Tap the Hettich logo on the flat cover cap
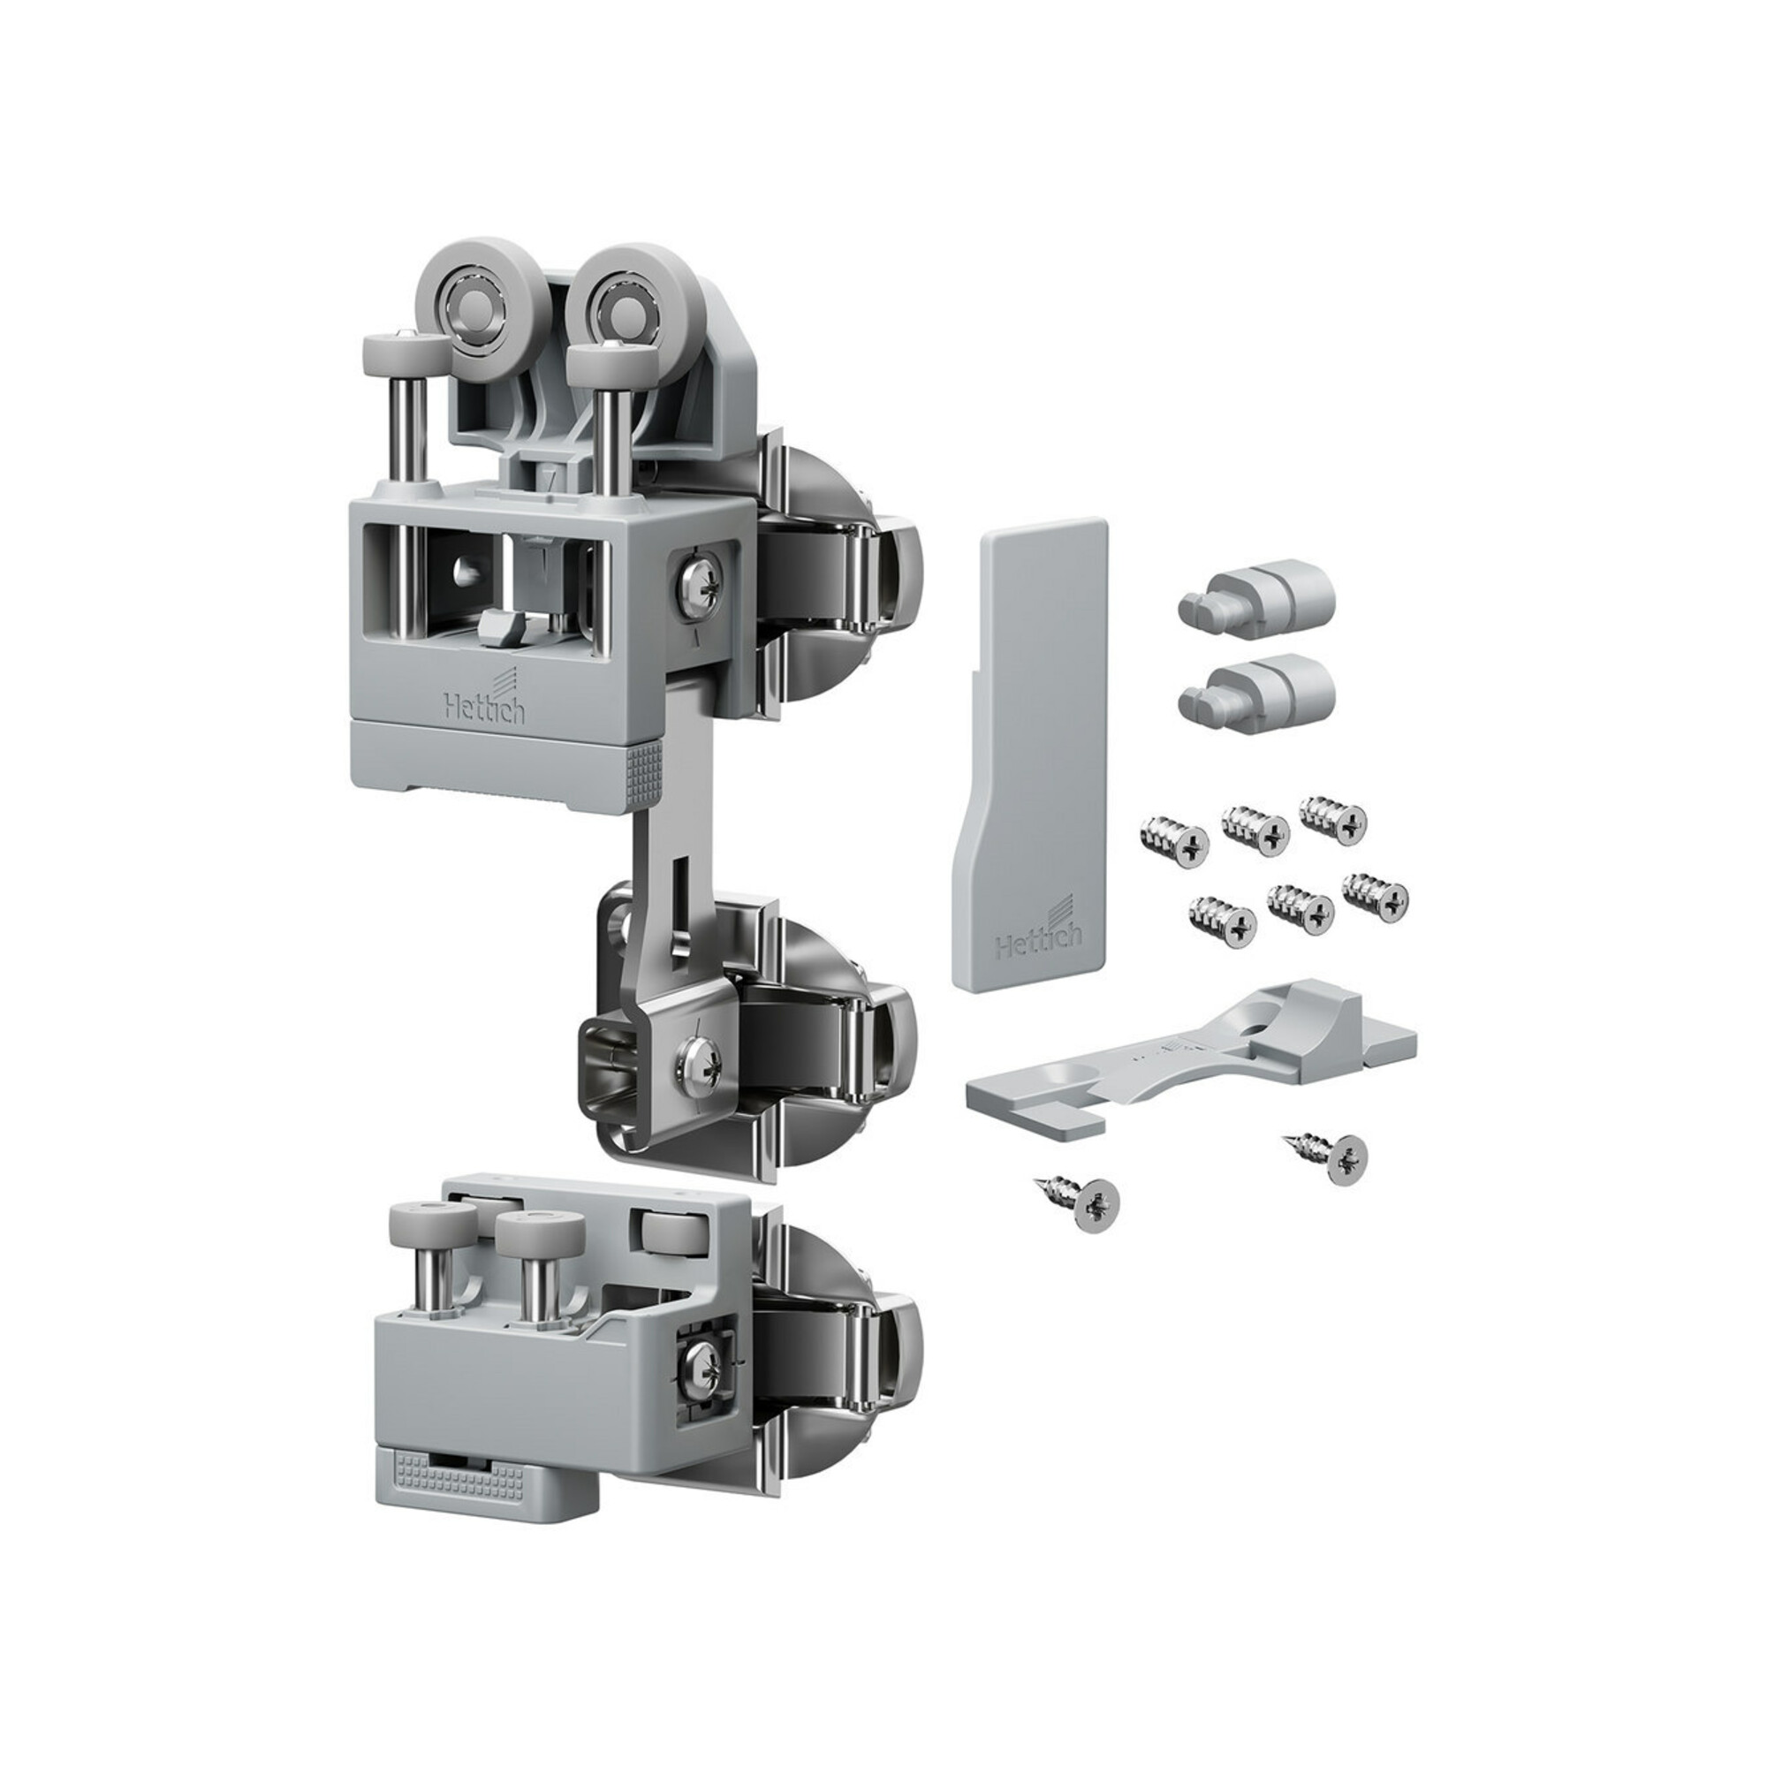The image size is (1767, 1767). pyautogui.click(x=1038, y=929)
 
